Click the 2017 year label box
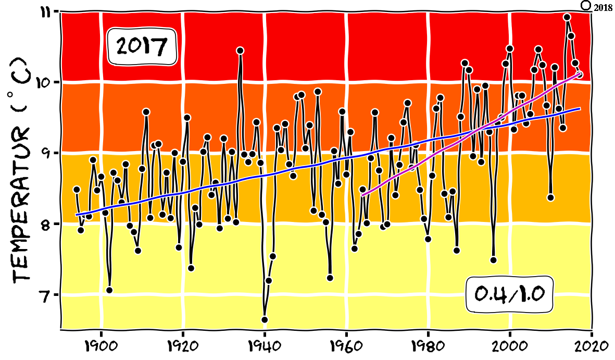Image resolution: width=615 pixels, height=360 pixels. pyautogui.click(x=142, y=47)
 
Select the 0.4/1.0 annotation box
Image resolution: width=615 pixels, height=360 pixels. pyautogui.click(x=509, y=294)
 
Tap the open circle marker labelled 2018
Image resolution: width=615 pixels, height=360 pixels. pyautogui.click(x=585, y=5)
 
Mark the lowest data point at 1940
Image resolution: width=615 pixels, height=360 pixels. pyautogui.click(x=265, y=319)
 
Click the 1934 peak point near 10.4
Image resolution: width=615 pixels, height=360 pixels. pyautogui.click(x=240, y=51)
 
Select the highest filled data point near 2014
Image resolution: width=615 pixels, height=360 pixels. pyautogui.click(x=567, y=17)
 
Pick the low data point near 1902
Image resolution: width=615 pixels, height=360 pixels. pyautogui.click(x=109, y=290)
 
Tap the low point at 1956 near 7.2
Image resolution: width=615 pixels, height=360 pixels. pyautogui.click(x=330, y=278)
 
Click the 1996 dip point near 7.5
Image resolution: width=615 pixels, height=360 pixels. pyautogui.click(x=493, y=260)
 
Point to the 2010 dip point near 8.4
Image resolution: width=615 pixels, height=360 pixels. pyautogui.click(x=550, y=197)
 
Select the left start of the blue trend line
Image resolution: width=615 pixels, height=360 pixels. pyautogui.click(x=77, y=214)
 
